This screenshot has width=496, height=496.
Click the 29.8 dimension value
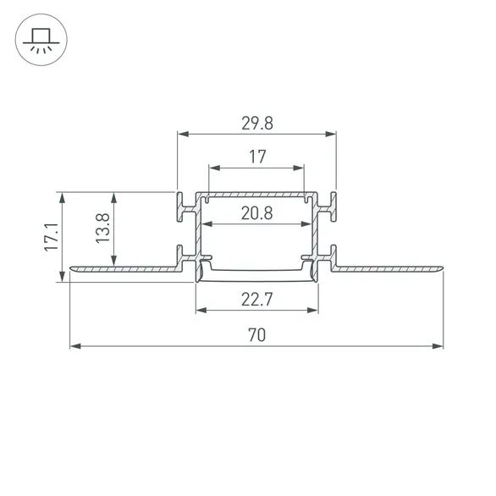[x=257, y=123]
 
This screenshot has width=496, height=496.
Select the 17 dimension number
[x=257, y=157]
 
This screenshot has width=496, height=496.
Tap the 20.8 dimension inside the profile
[x=256, y=213]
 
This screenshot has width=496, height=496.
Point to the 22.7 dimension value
[x=256, y=300]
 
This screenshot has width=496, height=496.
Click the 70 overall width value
[x=256, y=335]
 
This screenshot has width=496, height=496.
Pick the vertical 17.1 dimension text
[x=52, y=237]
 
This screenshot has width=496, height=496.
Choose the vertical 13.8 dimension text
[x=102, y=228]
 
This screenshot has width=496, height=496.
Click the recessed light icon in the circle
[x=41, y=40]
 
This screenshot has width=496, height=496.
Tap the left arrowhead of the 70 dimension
[x=75, y=346]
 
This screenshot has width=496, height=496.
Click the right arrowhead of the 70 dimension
[x=438, y=346]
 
